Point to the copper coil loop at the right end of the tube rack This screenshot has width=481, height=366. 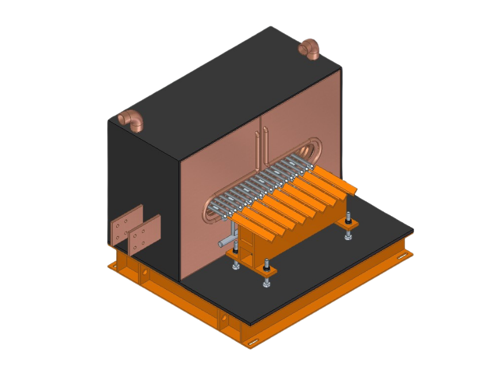click(316, 151)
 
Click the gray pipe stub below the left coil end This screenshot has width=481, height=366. click(227, 241)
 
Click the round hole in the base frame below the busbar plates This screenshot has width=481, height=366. click(144, 272)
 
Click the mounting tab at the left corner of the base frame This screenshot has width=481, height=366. click(115, 266)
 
